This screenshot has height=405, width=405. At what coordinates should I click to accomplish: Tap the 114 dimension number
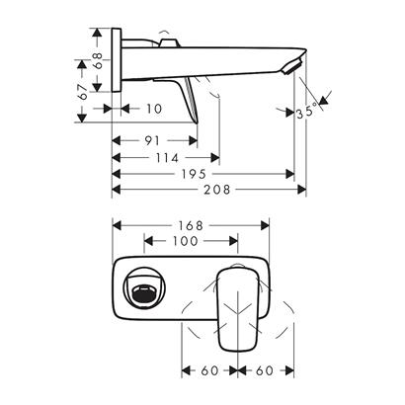click(x=165, y=157)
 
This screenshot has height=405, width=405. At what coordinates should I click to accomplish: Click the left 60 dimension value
click(x=210, y=373)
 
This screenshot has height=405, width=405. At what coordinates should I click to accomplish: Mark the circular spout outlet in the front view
click(x=143, y=291)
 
